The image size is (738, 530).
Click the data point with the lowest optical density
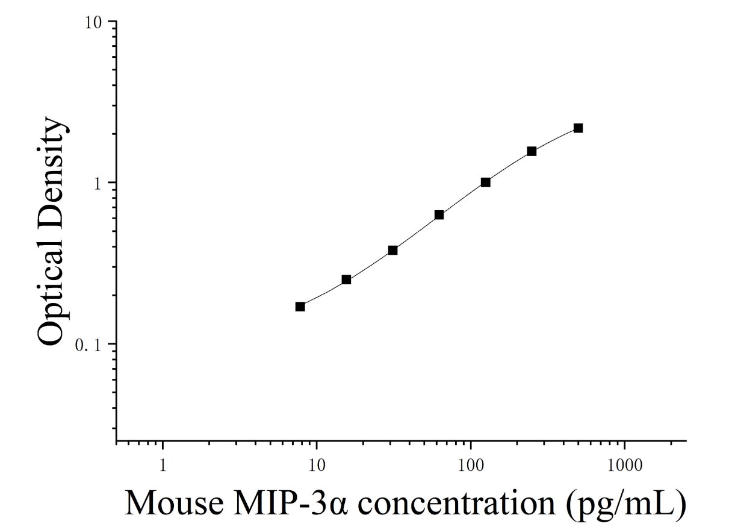click(300, 307)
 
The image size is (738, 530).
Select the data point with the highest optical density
click(578, 128)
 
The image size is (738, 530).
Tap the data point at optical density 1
click(486, 182)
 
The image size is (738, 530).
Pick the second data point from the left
click(346, 280)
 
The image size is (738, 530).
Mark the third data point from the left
click(392, 251)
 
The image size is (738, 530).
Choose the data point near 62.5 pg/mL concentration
click(439, 215)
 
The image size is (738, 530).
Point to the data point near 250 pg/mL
click(532, 151)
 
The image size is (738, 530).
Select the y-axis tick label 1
click(98, 184)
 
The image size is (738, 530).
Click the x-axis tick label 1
click(163, 466)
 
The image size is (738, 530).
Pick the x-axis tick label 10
click(317, 466)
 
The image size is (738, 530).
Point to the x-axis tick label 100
click(471, 466)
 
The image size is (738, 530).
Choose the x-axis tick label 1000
click(625, 466)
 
